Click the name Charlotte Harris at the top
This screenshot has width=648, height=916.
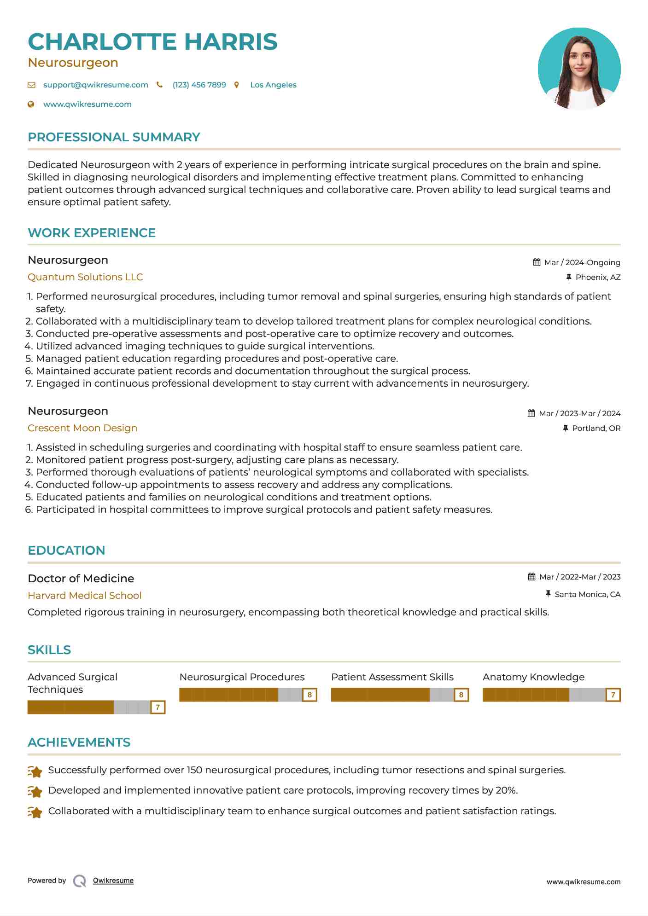coord(152,42)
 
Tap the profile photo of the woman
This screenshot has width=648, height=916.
coord(579,69)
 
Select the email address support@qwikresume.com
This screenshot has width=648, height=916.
coord(95,85)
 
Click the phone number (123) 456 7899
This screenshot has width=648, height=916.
coord(199,85)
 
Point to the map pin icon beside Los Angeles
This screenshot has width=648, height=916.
coord(237,85)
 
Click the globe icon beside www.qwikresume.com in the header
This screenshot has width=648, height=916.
coord(31,104)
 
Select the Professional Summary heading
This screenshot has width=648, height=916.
coord(114,137)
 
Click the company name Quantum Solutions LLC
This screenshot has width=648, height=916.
coord(85,277)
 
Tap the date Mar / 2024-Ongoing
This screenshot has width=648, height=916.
coord(582,262)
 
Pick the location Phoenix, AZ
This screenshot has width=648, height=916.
coord(598,277)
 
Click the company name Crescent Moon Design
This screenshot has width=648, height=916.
coord(82,428)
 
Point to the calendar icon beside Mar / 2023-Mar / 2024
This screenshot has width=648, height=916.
coord(531,413)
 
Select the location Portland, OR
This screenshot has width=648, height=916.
coord(596,428)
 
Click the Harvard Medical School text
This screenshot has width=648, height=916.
coord(84,596)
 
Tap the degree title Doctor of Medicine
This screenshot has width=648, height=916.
coord(81,579)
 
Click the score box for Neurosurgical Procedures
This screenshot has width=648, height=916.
coord(309,695)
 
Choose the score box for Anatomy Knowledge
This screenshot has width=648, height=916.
coord(613,695)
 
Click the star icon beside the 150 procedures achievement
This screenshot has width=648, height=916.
coord(35,771)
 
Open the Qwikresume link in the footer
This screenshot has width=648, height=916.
coord(113,881)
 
